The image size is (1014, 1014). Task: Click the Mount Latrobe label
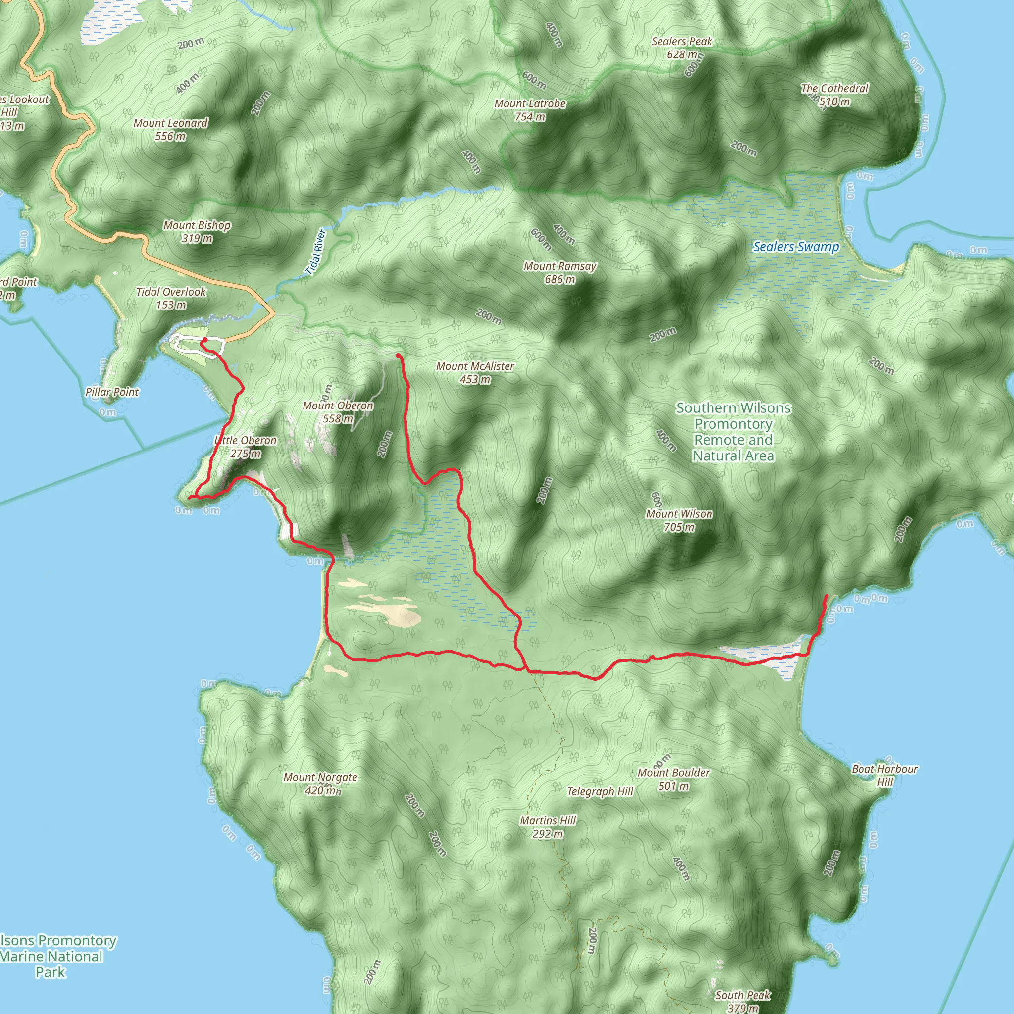tap(530, 110)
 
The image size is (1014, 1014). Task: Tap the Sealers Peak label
tap(682, 48)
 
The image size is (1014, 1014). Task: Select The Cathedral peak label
tap(834, 95)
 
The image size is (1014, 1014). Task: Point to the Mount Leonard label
tap(171, 130)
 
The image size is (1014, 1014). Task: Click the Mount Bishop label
tap(197, 231)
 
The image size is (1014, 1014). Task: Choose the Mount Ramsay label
tap(560, 273)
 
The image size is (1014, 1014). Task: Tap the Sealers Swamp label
tap(796, 247)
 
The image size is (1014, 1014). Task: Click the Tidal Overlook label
tap(171, 298)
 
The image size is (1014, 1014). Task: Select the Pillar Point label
tap(112, 392)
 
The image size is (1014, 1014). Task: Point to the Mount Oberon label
tap(338, 412)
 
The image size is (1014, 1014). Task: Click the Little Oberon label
tap(246, 447)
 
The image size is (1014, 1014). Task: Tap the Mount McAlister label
tap(475, 373)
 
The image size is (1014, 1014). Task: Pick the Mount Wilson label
tap(679, 521)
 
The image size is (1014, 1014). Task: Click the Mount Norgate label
tap(320, 784)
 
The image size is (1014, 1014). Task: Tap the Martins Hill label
tap(548, 827)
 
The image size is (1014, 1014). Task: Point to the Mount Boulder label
tap(673, 779)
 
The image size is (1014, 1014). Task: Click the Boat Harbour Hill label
tap(884, 775)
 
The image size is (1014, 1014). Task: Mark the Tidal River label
tap(316, 252)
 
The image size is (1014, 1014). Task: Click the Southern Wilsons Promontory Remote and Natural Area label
tap(733, 432)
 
